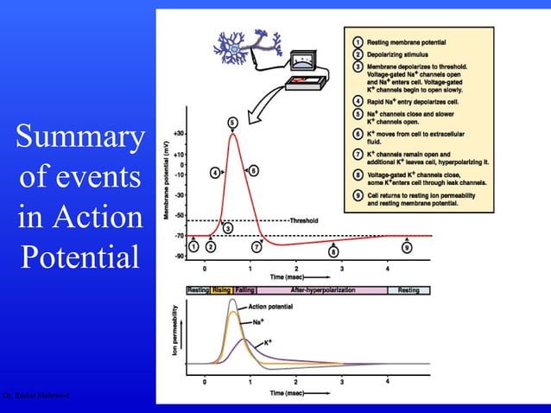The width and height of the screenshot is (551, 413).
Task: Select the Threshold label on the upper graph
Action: [x=304, y=220]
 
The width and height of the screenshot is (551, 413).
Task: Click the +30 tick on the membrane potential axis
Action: [x=177, y=134]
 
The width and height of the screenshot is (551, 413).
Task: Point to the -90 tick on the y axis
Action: [x=178, y=256]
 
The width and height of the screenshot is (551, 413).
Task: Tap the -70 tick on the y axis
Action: [x=178, y=236]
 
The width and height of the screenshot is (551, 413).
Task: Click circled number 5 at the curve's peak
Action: [x=233, y=121]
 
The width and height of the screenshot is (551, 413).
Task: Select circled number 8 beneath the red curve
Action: [x=334, y=251]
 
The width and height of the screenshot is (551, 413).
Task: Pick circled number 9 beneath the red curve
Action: [x=406, y=248]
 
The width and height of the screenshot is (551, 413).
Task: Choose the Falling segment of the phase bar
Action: [x=244, y=290]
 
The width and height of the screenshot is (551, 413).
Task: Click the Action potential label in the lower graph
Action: [x=269, y=308]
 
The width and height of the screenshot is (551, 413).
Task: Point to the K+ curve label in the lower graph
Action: [x=268, y=343]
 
